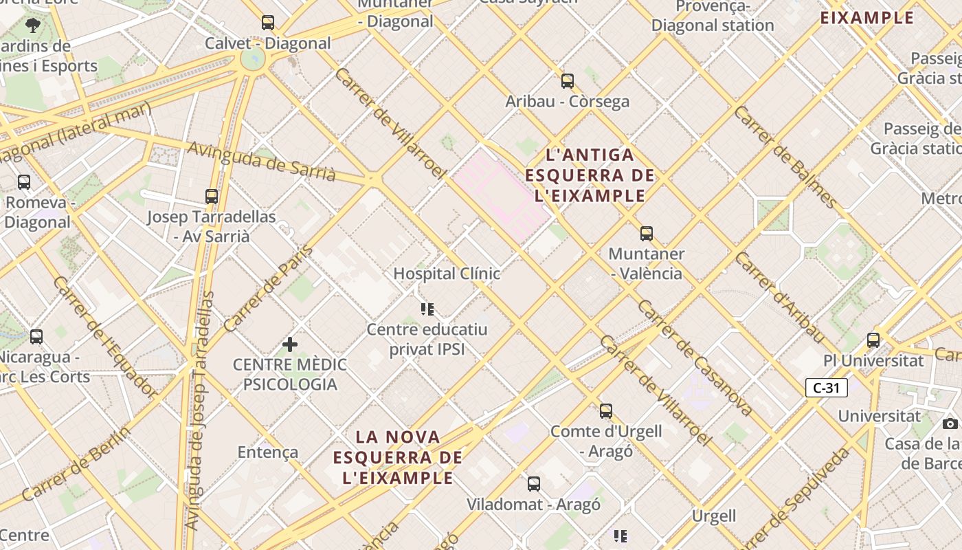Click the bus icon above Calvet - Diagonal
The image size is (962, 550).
pos(268,23)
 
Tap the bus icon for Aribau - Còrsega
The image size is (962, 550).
pos(568,81)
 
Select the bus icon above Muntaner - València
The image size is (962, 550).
pos(647,234)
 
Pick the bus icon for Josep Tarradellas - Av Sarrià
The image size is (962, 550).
pos(212,197)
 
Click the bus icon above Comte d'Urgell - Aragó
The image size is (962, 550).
pos(606,411)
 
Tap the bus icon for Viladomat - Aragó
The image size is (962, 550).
pos(534,484)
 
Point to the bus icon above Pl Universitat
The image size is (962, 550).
pos(873,340)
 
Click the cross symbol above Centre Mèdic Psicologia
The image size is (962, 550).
pos(290,344)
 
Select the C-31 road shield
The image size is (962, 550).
pos(827,388)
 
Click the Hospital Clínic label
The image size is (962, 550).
pos(447,273)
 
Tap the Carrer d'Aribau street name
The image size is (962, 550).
pos(779,298)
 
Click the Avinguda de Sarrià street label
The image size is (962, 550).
pos(262,162)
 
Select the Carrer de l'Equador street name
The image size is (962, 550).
pos(104,338)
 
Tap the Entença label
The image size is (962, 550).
pos(268,452)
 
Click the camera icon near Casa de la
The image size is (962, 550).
pos(950,423)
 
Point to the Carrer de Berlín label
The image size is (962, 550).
pos(76,464)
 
